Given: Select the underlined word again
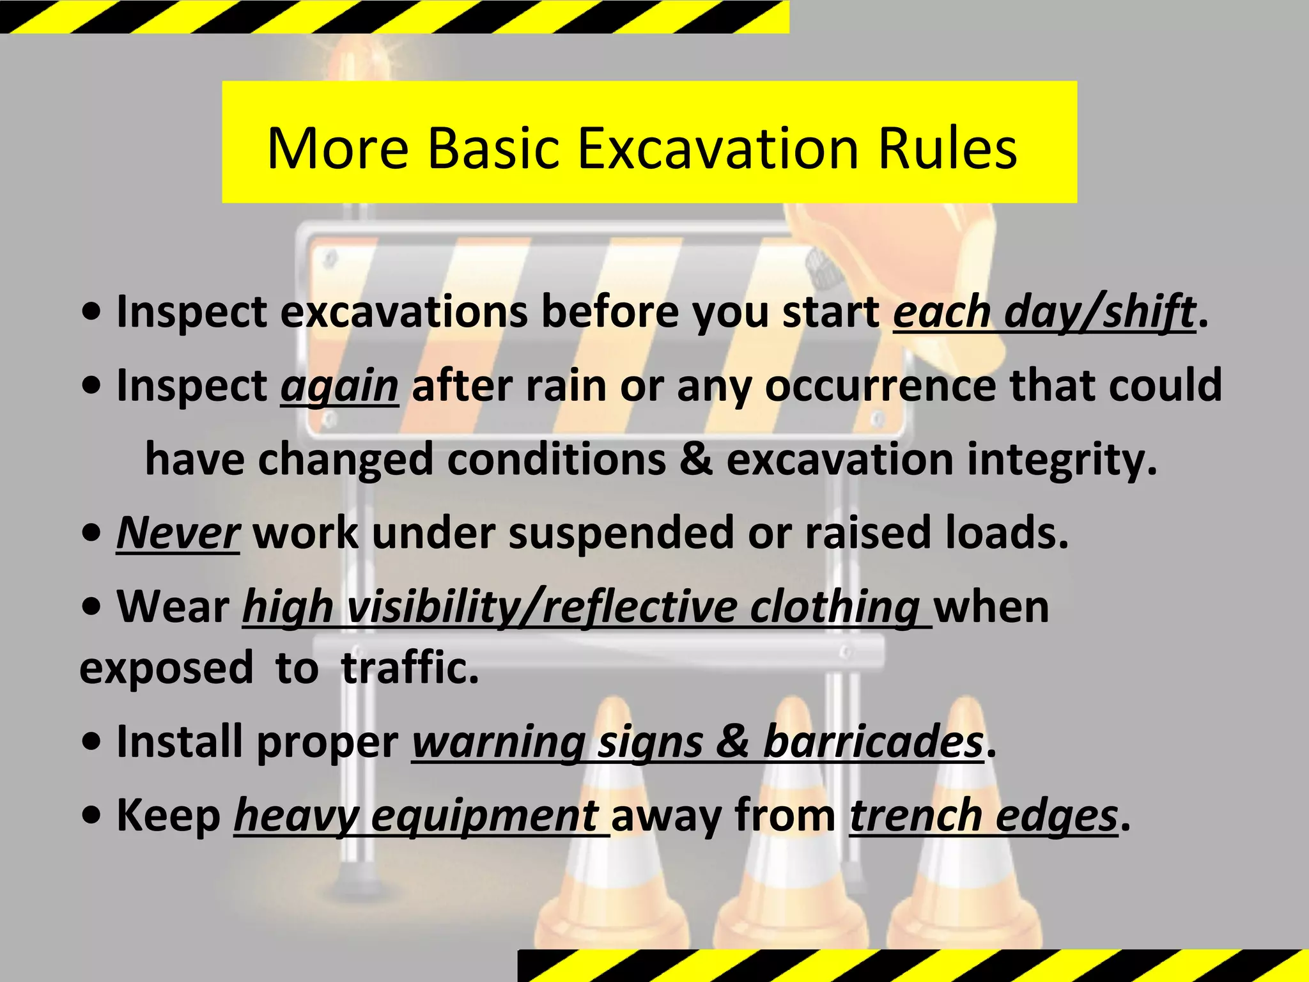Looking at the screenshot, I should (339, 387).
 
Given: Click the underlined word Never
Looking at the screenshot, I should (178, 533).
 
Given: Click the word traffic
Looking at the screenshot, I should (410, 667).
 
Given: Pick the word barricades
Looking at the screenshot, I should (873, 742).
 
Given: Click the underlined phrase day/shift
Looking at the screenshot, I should (1099, 313).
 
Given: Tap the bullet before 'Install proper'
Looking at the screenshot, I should (93, 742).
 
